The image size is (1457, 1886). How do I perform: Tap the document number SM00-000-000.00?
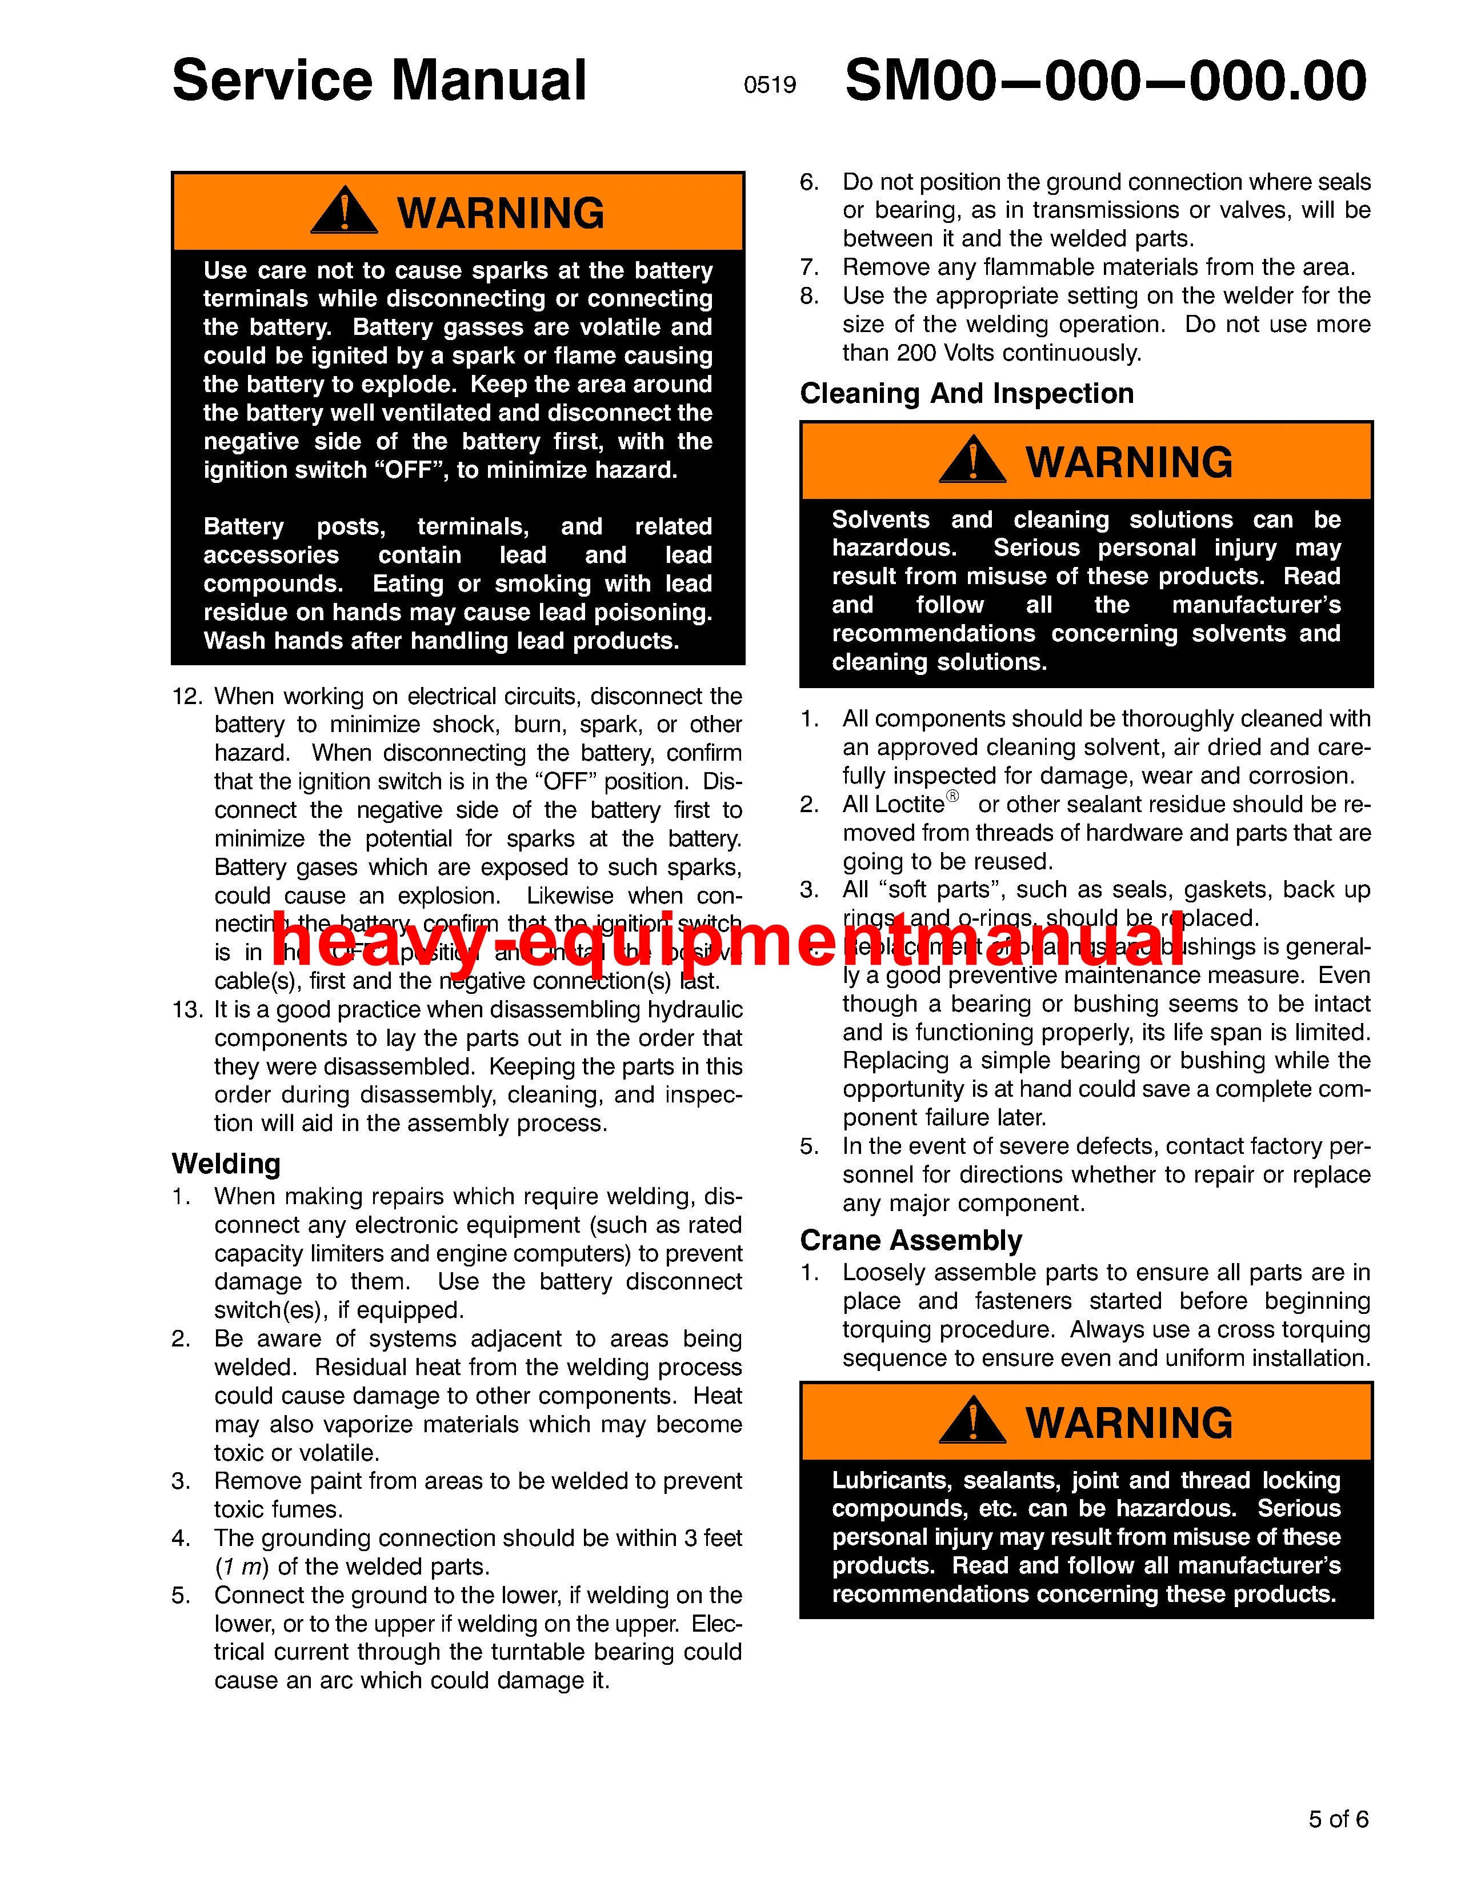pyautogui.click(x=1105, y=81)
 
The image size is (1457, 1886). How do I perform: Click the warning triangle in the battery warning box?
pyautogui.click(x=343, y=211)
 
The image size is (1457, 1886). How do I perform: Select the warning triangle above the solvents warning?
pyautogui.click(x=972, y=460)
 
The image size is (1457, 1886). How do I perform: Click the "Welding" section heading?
pyautogui.click(x=226, y=1164)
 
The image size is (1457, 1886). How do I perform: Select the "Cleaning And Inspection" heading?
pyautogui.click(x=967, y=394)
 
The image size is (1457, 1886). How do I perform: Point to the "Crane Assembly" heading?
pyautogui.click(x=911, y=1240)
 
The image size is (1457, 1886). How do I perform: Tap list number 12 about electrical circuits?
pyautogui.click(x=187, y=697)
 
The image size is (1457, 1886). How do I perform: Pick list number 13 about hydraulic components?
pyautogui.click(x=187, y=1009)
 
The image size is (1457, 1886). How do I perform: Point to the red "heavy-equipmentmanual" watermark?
pyautogui.click(x=717, y=941)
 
